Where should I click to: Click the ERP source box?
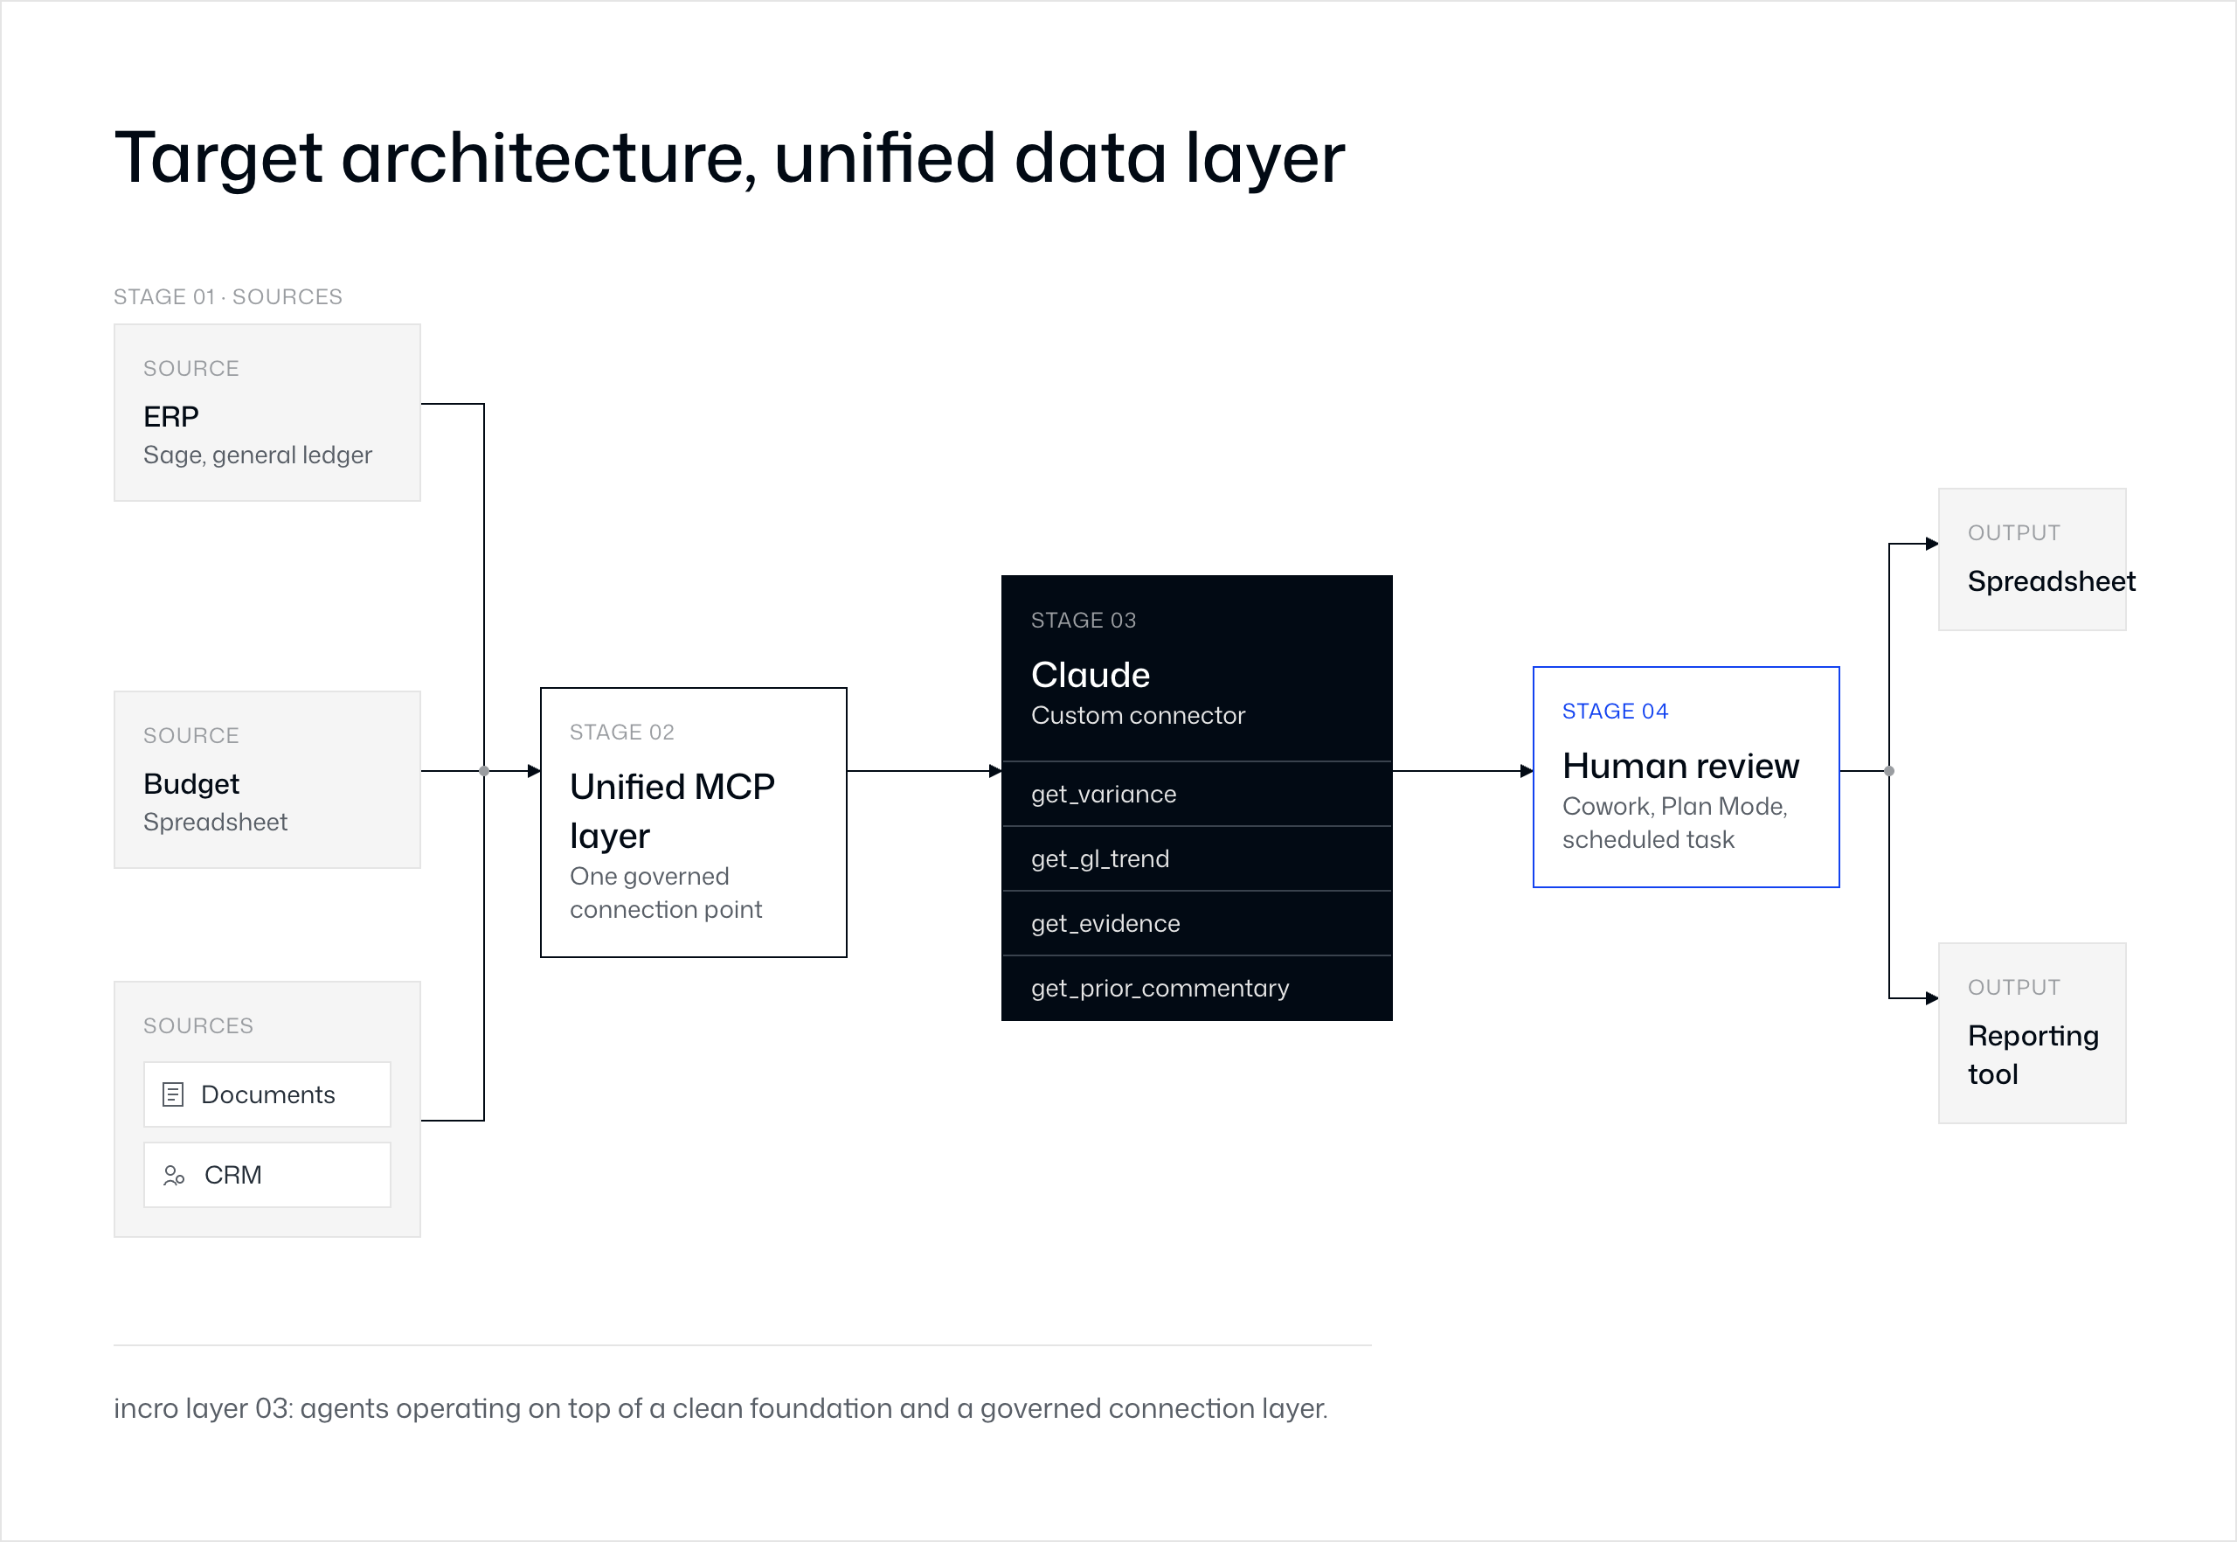[267, 413]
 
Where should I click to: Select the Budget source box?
[267, 780]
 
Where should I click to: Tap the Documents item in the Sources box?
[267, 1094]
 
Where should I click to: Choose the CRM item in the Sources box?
[267, 1175]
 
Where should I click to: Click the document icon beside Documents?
[173, 1094]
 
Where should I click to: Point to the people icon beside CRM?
[174, 1175]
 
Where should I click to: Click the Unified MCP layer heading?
[672, 811]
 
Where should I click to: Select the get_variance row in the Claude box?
[1197, 795]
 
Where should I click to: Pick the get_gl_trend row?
[1197, 859]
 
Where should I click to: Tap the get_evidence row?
[1197, 924]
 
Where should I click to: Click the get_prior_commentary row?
[1197, 989]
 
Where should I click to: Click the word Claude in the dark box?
[1091, 674]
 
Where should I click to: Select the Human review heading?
[1680, 766]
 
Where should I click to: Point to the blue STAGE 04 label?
[1615, 711]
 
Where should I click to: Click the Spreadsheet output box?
[2033, 559]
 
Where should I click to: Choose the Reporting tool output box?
[2033, 1033]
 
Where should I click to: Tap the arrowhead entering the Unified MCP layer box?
[534, 771]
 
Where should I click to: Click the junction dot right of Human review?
[1889, 771]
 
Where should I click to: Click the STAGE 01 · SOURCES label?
[228, 296]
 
